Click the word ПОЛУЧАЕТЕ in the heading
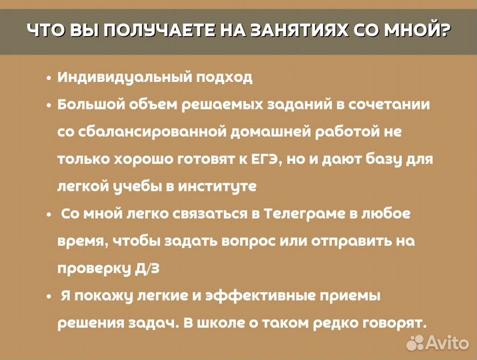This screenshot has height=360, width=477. pos(143,31)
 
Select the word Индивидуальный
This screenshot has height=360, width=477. pos(123,77)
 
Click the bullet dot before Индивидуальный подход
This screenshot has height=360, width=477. pos(49,78)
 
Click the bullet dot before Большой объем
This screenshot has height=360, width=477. pos(49,105)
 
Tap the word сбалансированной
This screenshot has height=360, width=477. pos(151,131)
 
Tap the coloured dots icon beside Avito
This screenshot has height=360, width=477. pos(416,343)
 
